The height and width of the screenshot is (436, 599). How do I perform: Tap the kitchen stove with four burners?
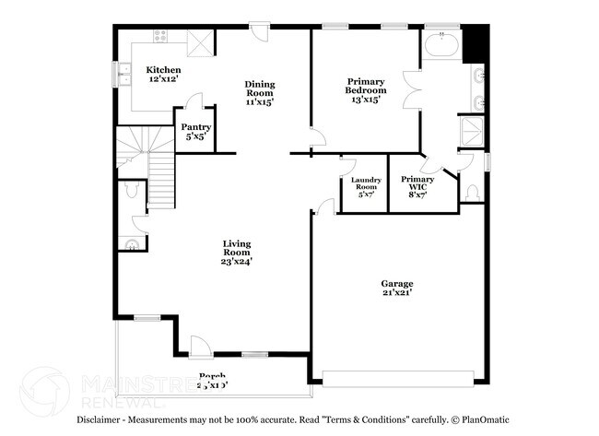160,38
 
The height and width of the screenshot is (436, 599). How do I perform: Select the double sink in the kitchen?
118,71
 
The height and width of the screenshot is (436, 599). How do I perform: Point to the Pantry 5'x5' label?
195,132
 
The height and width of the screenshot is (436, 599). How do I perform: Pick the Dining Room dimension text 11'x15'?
260,101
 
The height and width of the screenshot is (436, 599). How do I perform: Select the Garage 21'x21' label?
397,288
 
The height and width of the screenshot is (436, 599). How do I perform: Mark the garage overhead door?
397,377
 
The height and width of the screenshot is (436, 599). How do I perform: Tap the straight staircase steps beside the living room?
161,180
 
